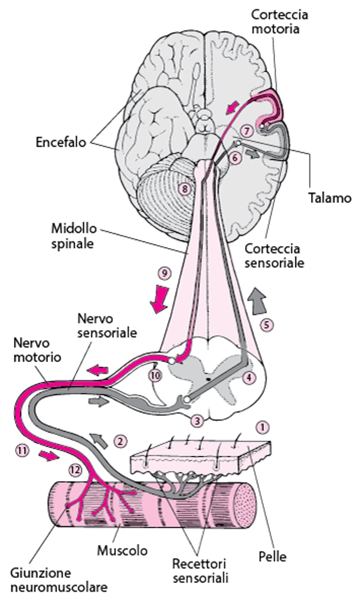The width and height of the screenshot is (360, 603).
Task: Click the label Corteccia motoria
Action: click(279, 22)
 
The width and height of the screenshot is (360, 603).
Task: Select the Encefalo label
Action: click(60, 142)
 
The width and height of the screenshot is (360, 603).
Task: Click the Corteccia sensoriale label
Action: click(278, 256)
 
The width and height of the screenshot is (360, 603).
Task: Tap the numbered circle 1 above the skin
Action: click(261, 425)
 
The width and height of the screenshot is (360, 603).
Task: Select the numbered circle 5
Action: click(266, 325)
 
